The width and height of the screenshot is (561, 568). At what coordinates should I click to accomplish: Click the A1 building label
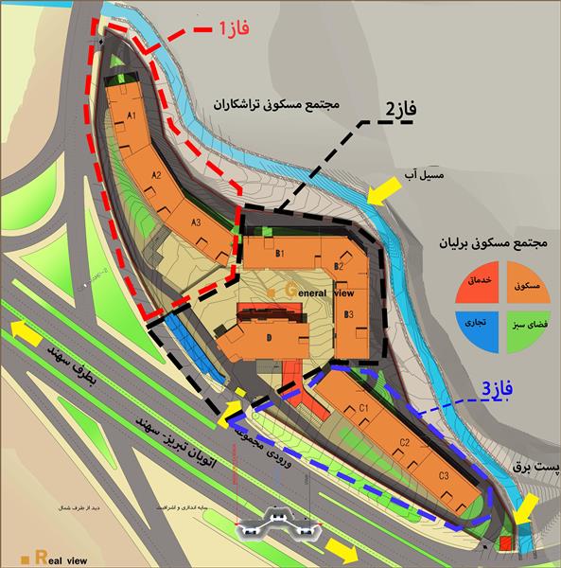(133, 115)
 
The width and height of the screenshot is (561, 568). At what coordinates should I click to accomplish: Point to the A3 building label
(197, 222)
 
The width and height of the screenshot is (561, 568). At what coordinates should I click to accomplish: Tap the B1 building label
(280, 254)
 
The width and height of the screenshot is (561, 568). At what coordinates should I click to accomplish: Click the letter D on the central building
(269, 337)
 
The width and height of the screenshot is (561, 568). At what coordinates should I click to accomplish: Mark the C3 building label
(444, 475)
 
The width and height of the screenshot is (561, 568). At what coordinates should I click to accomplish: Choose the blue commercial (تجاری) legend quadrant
(473, 322)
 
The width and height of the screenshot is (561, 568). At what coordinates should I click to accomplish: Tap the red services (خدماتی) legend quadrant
(473, 285)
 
